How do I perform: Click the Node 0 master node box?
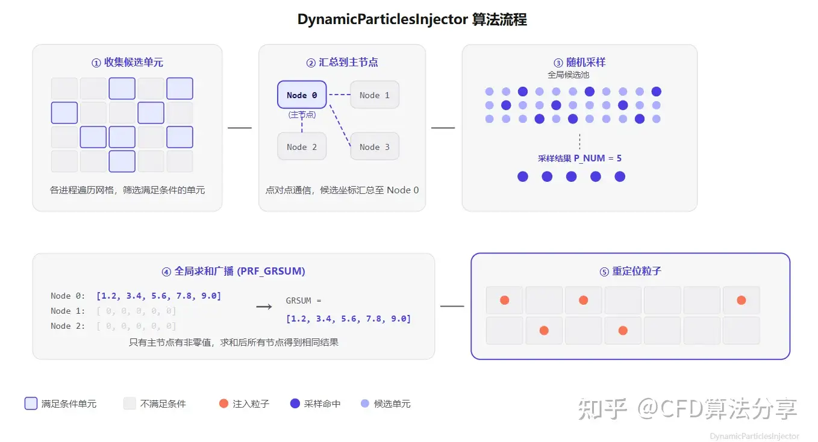coord(302,95)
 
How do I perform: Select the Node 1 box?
coord(375,95)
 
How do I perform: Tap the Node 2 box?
coord(302,146)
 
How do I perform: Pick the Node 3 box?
coord(375,146)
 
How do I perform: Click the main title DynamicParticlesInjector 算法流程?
coord(412,19)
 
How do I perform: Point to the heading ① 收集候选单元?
coord(127,63)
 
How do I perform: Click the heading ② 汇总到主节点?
coord(342,63)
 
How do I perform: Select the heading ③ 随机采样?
coord(579,63)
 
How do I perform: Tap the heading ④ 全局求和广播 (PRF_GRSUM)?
coord(233,271)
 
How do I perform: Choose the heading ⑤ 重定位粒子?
coord(630,271)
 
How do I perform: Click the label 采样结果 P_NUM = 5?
coord(579,158)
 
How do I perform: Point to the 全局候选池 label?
coord(568,75)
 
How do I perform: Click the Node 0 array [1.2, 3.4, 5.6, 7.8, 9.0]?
coord(159,296)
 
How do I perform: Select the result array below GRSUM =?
coord(348,319)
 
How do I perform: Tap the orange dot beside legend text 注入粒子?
coord(223,403)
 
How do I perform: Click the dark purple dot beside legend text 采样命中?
coord(295,403)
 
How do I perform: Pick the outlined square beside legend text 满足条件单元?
coord(31,403)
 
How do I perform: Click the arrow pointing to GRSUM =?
coord(264,307)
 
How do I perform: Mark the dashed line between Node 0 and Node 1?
coord(339,95)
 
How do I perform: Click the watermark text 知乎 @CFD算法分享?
coord(687,409)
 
